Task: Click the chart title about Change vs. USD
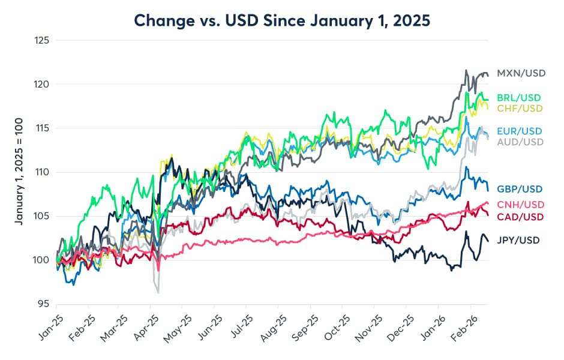[x=282, y=20]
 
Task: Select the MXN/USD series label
[x=521, y=73]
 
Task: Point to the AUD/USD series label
[x=520, y=142]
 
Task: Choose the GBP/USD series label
[x=520, y=188]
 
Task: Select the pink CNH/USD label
[x=520, y=205]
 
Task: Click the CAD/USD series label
[x=520, y=216]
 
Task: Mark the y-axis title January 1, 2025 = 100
[x=19, y=172]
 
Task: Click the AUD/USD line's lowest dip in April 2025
[x=158, y=292]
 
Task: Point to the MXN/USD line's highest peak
[x=466, y=70]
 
